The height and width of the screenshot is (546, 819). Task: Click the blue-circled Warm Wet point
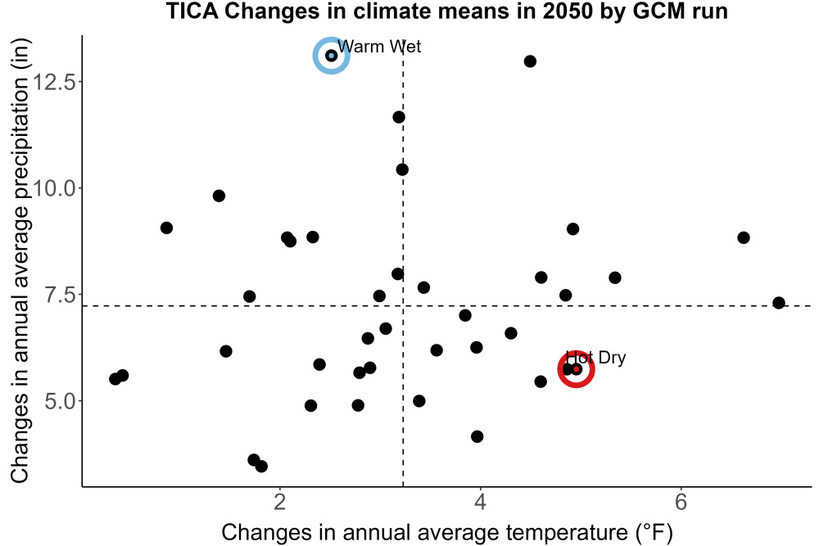pyautogui.click(x=331, y=56)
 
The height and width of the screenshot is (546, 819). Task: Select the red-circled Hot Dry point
pyautogui.click(x=576, y=369)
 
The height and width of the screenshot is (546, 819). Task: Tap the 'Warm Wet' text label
pyautogui.click(x=379, y=47)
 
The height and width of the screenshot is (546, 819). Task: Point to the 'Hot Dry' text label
pyautogui.click(x=596, y=358)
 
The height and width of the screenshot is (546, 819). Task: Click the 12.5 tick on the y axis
pyautogui.click(x=54, y=82)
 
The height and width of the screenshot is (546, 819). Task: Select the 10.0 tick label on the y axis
pyautogui.click(x=54, y=188)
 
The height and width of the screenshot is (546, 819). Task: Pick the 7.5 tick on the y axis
pyautogui.click(x=60, y=295)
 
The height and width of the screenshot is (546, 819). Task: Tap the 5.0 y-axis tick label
pyautogui.click(x=60, y=401)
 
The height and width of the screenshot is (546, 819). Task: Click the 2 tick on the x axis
pyautogui.click(x=280, y=502)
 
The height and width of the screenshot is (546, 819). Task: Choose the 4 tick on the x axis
pyautogui.click(x=480, y=502)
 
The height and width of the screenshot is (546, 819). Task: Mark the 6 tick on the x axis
pyautogui.click(x=681, y=502)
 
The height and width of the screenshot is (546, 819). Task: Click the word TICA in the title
pyautogui.click(x=192, y=11)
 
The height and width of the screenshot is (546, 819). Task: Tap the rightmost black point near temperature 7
pyautogui.click(x=779, y=303)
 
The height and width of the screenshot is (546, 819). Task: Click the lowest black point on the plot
pyautogui.click(x=261, y=466)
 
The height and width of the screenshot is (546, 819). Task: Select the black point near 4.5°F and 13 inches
pyautogui.click(x=530, y=61)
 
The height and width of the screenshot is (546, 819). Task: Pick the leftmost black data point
pyautogui.click(x=115, y=379)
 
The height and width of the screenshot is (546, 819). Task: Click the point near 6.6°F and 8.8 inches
pyautogui.click(x=744, y=238)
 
